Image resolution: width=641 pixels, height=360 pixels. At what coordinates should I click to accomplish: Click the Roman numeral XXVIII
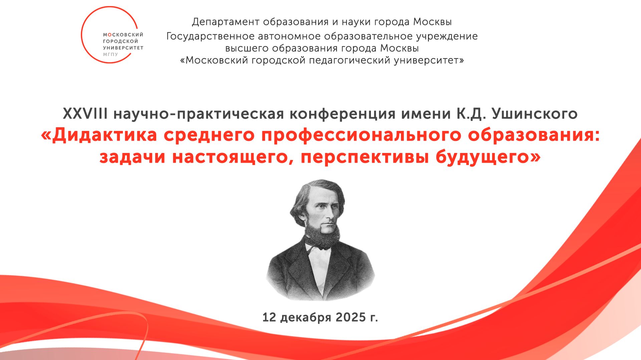click(x=85, y=114)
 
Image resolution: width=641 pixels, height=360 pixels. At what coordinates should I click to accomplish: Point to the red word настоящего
click(x=230, y=157)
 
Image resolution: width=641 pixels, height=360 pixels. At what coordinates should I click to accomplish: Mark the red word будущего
click(x=482, y=157)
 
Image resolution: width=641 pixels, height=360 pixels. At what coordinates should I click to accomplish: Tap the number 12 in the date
click(x=269, y=317)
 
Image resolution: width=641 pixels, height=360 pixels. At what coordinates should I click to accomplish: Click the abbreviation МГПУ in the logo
click(x=110, y=54)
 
